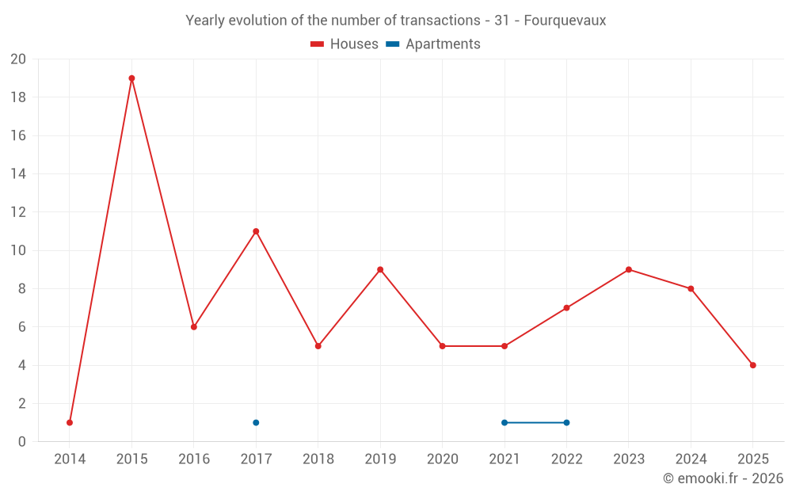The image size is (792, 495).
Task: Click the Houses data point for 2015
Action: pyautogui.click(x=131, y=78)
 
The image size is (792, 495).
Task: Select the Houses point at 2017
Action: pyautogui.click(x=256, y=231)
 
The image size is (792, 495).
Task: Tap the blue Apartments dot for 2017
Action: pyautogui.click(x=256, y=422)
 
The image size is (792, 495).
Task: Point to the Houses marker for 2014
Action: pyautogui.click(x=70, y=422)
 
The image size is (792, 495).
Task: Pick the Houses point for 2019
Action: pyautogui.click(x=380, y=269)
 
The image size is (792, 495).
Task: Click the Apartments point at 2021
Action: pyautogui.click(x=505, y=422)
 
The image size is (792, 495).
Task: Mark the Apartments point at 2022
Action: pyautogui.click(x=566, y=422)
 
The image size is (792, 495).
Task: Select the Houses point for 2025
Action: pyautogui.click(x=752, y=365)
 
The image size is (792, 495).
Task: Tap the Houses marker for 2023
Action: pyautogui.click(x=629, y=269)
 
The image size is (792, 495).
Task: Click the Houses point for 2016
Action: pyautogui.click(x=194, y=327)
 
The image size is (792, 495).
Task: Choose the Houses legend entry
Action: pyautogui.click(x=345, y=44)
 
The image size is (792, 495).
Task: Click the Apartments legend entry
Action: pyautogui.click(x=434, y=44)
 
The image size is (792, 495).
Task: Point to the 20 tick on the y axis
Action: pyautogui.click(x=18, y=59)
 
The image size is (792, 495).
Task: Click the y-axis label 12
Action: pyautogui.click(x=18, y=212)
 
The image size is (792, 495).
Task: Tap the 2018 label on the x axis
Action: pyautogui.click(x=318, y=459)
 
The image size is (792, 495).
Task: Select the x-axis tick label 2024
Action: pyautogui.click(x=691, y=459)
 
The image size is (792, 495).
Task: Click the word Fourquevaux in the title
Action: pyautogui.click(x=565, y=21)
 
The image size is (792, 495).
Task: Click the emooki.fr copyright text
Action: pyautogui.click(x=723, y=478)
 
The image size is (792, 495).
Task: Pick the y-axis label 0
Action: pyautogui.click(x=22, y=441)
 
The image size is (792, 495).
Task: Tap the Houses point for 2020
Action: pyautogui.click(x=442, y=346)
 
